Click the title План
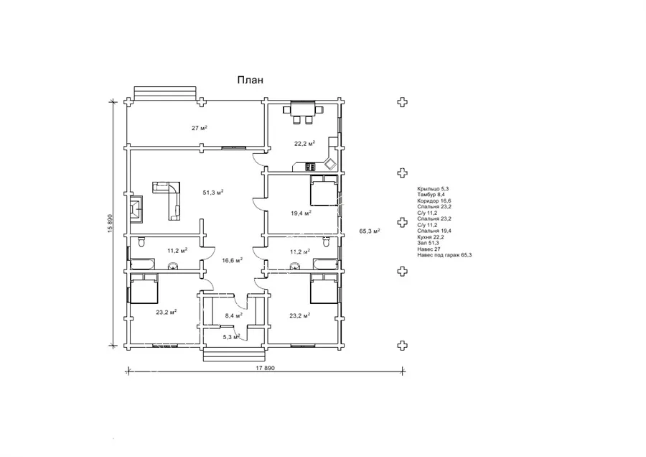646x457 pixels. [250, 80]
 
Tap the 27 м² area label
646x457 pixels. [200, 128]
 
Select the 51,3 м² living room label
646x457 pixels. [213, 192]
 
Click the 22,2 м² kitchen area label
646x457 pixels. [304, 144]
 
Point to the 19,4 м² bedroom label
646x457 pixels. [301, 213]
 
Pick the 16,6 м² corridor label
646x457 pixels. [232, 260]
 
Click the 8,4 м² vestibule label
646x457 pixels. [233, 315]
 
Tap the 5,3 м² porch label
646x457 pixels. [231, 337]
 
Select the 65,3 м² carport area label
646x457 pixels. [370, 231]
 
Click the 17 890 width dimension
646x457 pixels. [266, 368]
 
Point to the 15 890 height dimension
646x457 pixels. [110, 223]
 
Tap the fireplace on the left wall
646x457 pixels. [136, 208]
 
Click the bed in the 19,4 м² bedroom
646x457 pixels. [324, 190]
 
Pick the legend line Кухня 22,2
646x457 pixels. [430, 237]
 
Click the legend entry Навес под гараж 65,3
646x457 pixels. [444, 255]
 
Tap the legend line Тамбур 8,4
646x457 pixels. [431, 195]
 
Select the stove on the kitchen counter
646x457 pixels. [311, 167]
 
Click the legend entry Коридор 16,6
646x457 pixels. [434, 201]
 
